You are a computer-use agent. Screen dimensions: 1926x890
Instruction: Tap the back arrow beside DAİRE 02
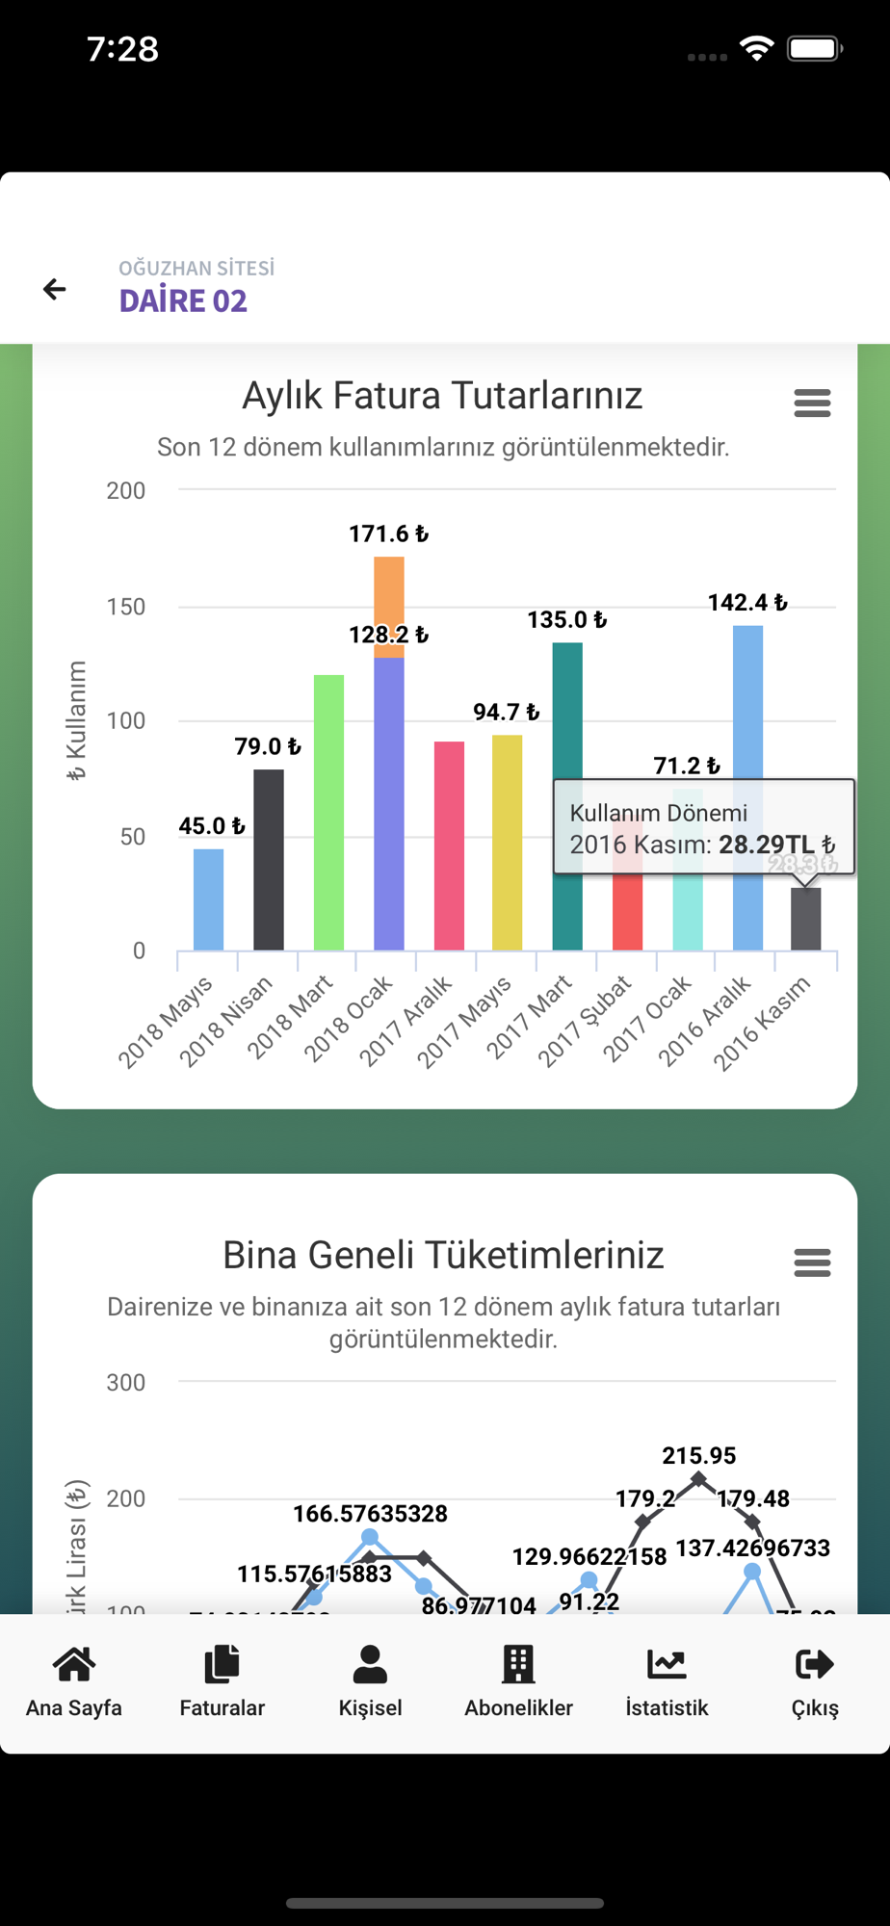(55, 289)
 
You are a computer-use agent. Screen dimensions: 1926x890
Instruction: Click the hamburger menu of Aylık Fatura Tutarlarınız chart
(812, 403)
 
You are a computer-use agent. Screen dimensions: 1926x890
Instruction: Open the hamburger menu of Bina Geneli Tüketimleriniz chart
(812, 1262)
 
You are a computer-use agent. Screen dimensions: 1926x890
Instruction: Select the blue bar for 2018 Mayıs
(208, 900)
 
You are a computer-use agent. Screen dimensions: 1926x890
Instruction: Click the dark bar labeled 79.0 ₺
(269, 860)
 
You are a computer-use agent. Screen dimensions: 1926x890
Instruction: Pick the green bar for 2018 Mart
(328, 813)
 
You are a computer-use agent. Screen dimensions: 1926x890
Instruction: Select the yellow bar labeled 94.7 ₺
(508, 843)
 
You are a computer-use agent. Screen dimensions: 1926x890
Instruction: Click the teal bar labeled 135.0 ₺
(567, 713)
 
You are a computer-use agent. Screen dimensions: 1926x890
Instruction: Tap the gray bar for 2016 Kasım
(806, 920)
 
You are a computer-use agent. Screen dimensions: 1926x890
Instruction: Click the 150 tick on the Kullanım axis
(126, 607)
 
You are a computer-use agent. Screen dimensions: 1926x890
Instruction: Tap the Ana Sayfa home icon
(74, 1663)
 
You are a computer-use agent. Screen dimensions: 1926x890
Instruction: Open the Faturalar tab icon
(222, 1663)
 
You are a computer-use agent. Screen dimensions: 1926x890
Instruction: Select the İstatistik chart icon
(667, 1663)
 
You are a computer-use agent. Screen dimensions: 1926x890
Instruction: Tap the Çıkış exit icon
(815, 1663)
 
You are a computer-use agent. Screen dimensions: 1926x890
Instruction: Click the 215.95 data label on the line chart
(699, 1455)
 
